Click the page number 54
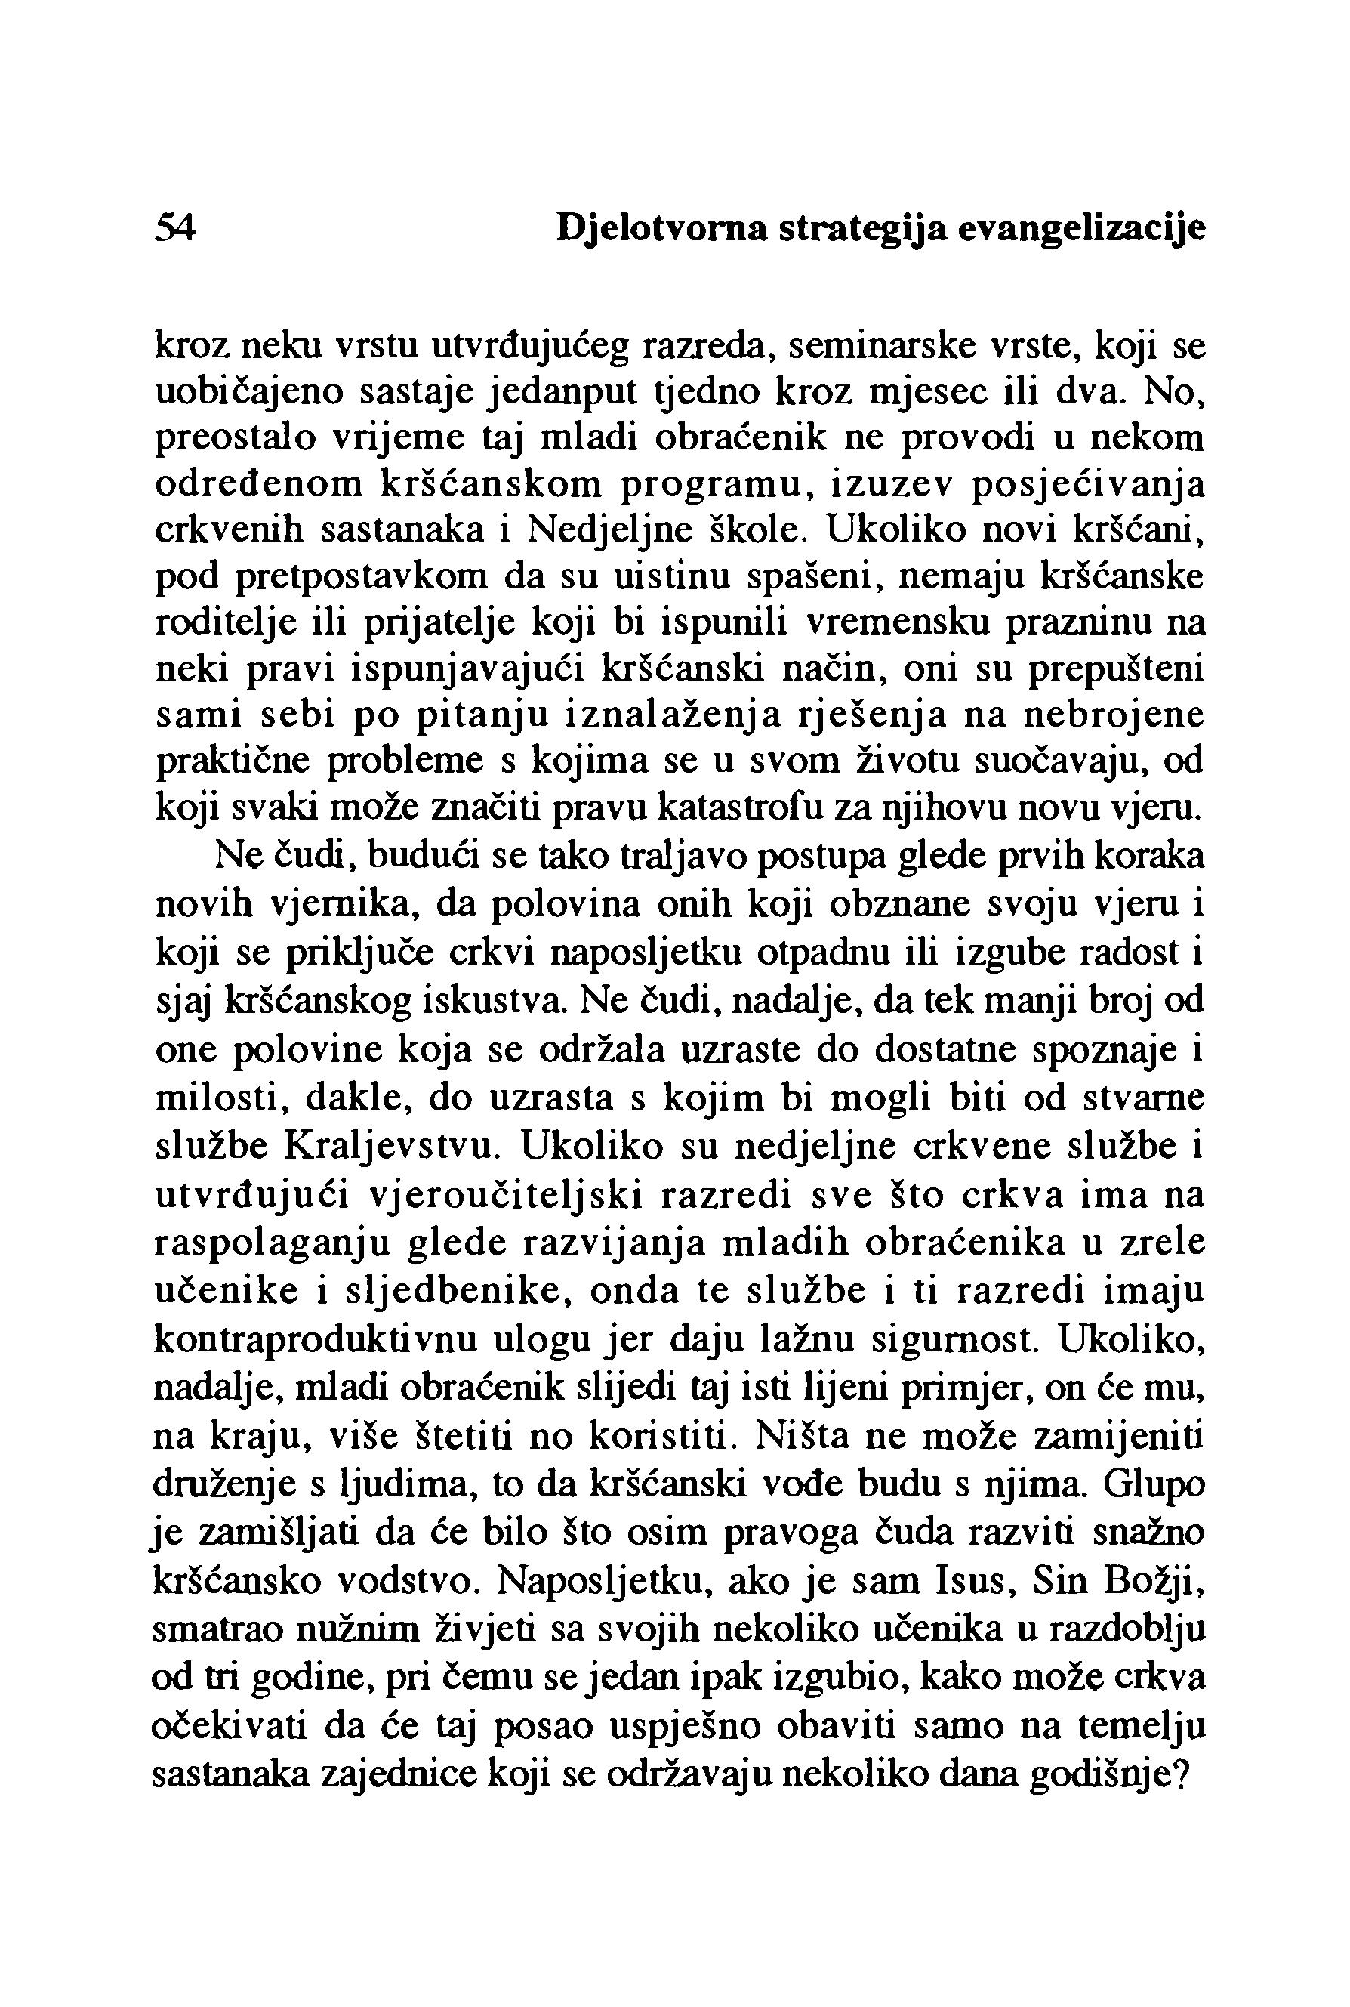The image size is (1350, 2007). click(176, 229)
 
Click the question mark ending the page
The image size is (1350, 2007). click(1181, 1774)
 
